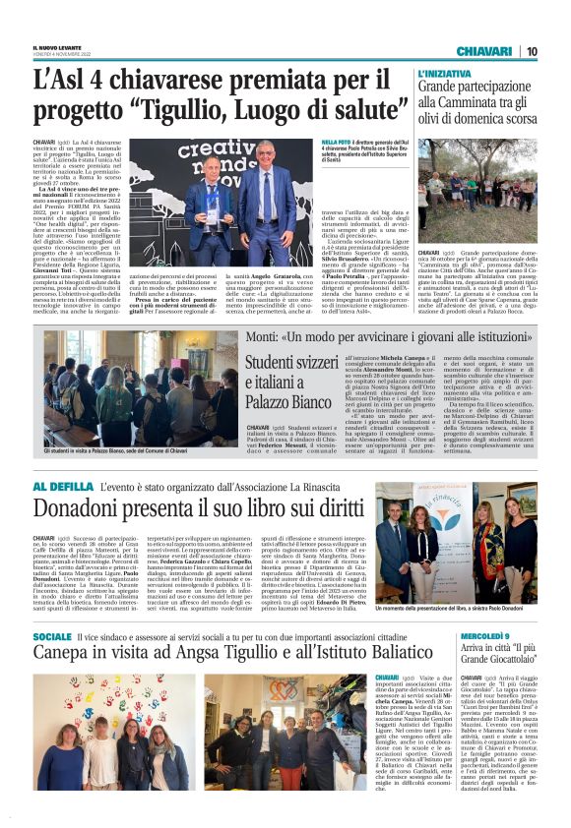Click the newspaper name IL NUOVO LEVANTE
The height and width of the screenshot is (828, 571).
point(56,45)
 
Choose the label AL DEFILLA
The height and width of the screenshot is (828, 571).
point(63,488)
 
